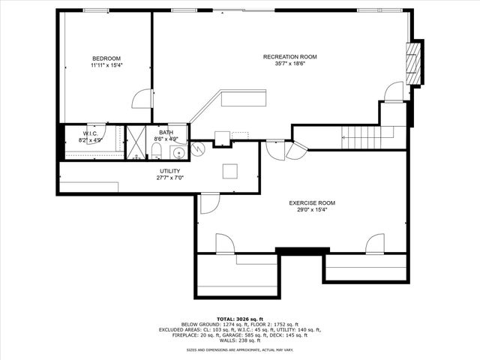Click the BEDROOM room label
[x=106, y=58]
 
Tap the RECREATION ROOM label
[x=289, y=57]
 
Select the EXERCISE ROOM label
[x=312, y=203]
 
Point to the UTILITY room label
[x=169, y=171]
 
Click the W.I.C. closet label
[x=90, y=133]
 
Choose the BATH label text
[x=166, y=133]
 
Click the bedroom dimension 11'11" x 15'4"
[x=106, y=65]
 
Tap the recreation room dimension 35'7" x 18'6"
[x=289, y=64]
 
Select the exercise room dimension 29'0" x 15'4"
[x=312, y=210]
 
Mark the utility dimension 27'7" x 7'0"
[x=169, y=178]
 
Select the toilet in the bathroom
[x=154, y=152]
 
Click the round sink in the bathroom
[x=179, y=153]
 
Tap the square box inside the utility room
[x=230, y=170]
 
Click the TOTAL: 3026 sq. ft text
[x=240, y=318]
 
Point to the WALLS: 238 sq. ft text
[x=240, y=341]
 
